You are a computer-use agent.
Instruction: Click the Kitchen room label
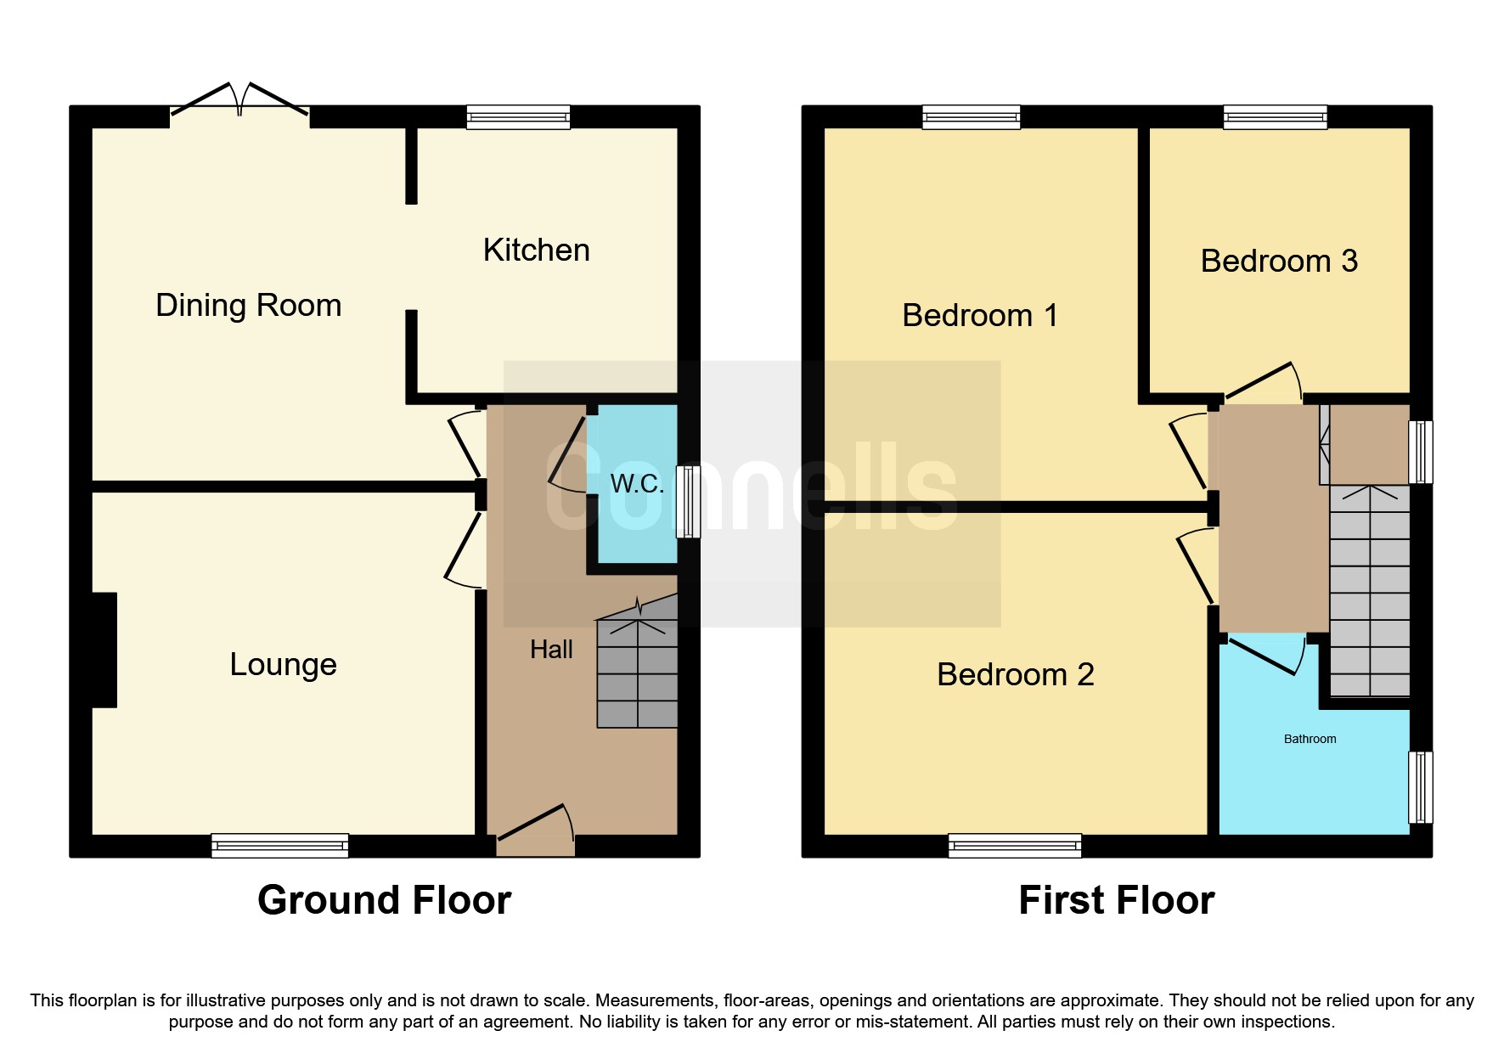point(536,251)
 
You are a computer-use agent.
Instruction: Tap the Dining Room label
point(248,305)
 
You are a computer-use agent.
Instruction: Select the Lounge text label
point(283,664)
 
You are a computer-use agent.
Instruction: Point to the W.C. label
point(637,484)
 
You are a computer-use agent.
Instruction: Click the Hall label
point(551,650)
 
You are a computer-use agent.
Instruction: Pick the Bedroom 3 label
point(1278,261)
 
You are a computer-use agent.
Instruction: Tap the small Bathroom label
point(1310,739)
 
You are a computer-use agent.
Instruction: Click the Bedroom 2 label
point(1015,674)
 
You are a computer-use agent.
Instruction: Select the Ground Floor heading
point(384,900)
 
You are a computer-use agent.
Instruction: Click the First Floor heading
point(1116,900)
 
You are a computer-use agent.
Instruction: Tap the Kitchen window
point(518,116)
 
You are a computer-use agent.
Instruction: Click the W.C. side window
point(689,501)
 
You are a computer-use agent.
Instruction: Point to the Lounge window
point(279,845)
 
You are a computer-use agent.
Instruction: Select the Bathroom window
point(1420,787)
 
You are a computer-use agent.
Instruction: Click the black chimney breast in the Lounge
point(104,650)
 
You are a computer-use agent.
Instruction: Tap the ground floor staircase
point(637,675)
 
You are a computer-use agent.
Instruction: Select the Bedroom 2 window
point(1015,845)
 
